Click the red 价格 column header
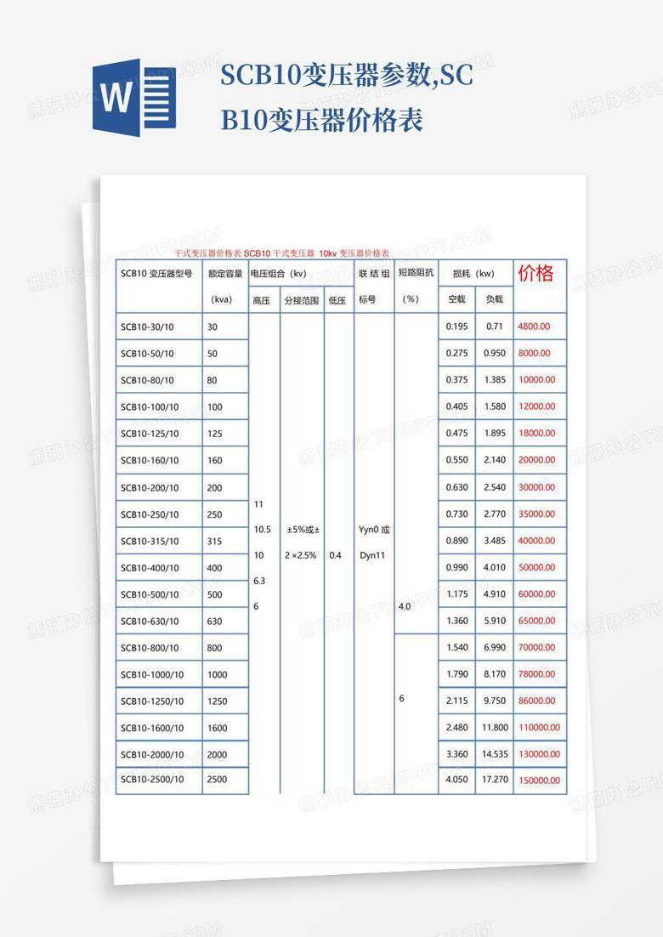[535, 274]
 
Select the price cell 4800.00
[534, 326]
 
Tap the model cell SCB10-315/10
[150, 541]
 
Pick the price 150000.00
[540, 780]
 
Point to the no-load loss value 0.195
[456, 327]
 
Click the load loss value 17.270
[495, 779]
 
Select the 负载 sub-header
[494, 299]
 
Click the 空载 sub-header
[456, 299]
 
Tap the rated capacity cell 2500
[217, 779]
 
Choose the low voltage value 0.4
[335, 555]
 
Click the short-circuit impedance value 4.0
[404, 606]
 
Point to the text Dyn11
[372, 555]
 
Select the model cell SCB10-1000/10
[152, 674]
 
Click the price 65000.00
[536, 621]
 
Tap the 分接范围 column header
[302, 300]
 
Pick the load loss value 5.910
[495, 621]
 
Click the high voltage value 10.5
[263, 529]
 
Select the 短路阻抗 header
[416, 273]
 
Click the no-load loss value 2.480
[456, 727]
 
